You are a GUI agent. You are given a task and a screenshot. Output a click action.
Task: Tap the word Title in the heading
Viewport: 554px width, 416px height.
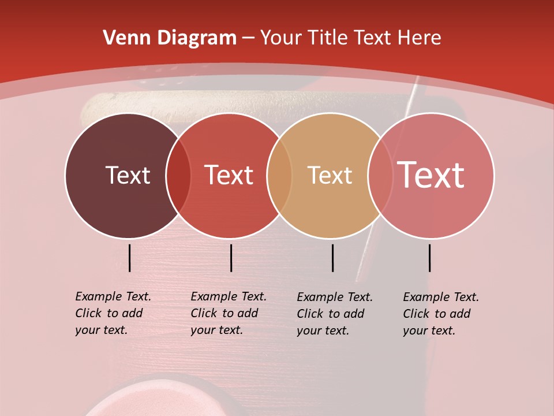click(327, 38)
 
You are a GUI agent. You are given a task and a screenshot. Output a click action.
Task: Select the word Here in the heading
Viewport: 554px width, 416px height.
click(419, 38)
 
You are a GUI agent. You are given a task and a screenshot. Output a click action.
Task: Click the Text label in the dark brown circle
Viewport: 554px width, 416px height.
click(128, 175)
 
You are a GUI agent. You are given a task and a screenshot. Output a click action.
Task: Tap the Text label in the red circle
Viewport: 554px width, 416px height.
click(229, 175)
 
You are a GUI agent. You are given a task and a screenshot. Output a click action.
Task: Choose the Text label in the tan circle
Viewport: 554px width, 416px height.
click(330, 175)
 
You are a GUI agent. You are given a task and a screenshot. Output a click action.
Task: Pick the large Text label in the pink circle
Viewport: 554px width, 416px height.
click(431, 175)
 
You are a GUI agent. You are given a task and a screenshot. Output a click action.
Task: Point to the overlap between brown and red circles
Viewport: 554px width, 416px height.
click(178, 176)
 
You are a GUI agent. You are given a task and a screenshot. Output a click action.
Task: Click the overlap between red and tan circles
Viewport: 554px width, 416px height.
click(279, 176)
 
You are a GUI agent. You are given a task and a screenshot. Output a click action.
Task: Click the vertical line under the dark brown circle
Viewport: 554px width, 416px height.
click(129, 258)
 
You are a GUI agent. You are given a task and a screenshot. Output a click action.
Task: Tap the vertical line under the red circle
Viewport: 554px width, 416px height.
click(231, 258)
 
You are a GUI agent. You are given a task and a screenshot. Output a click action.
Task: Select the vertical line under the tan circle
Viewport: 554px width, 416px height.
click(332, 258)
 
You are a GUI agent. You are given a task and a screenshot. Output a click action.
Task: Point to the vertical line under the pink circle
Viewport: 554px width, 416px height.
click(429, 258)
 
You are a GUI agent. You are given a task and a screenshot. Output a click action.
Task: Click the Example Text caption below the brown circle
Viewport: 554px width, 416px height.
click(113, 313)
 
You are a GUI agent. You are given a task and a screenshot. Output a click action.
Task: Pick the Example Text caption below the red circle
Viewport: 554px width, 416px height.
click(228, 313)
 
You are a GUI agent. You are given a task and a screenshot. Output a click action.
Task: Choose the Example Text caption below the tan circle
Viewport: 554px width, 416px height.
click(334, 314)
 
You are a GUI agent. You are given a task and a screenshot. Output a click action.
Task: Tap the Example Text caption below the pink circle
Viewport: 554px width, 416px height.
click(440, 314)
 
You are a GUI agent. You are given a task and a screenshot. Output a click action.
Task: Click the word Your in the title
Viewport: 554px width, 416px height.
click(280, 38)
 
